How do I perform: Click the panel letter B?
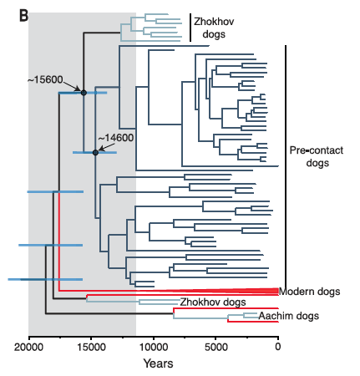click(x=23, y=16)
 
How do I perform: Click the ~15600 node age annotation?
click(x=45, y=79)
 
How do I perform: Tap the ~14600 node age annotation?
click(x=116, y=138)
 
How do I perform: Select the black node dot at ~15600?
click(x=84, y=93)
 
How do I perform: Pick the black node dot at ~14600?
click(x=95, y=153)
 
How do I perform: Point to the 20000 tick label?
click(x=28, y=348)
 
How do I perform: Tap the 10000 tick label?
click(x=154, y=348)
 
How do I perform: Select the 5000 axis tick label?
click(x=215, y=348)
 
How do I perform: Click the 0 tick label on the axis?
click(x=278, y=348)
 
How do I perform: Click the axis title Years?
click(x=158, y=363)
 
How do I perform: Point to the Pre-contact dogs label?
click(x=317, y=156)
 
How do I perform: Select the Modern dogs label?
click(x=310, y=292)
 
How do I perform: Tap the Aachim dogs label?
click(x=289, y=316)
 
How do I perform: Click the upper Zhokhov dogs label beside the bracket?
click(x=214, y=28)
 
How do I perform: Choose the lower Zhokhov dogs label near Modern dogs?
click(x=213, y=302)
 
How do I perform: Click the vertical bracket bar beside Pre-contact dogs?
click(x=286, y=166)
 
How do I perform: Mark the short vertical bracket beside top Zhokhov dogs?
click(x=190, y=28)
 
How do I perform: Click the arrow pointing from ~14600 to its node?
click(x=107, y=147)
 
